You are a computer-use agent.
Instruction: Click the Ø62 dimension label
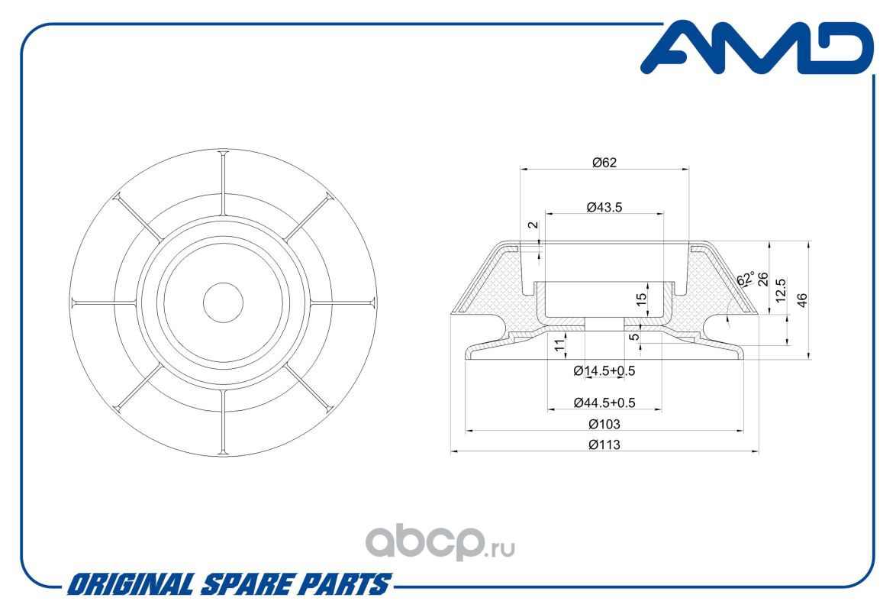[x=604, y=163]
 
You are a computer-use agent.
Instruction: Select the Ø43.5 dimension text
[x=604, y=207]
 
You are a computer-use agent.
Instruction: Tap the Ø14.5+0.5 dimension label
[x=604, y=370]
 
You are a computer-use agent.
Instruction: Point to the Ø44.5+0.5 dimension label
[x=604, y=402]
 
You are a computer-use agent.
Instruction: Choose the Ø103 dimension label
[x=604, y=424]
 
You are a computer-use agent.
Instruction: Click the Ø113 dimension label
[x=604, y=445]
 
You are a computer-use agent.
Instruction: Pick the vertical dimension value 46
[x=801, y=300]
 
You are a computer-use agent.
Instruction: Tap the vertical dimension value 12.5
[x=782, y=290]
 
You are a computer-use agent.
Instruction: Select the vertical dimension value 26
[x=763, y=280]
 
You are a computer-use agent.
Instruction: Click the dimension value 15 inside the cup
[x=641, y=298]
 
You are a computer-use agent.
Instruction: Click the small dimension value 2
[x=533, y=225]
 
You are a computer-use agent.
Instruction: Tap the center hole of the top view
[x=223, y=302]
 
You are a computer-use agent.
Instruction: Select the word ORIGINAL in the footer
[x=131, y=584]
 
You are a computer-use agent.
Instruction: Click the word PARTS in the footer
[x=346, y=584]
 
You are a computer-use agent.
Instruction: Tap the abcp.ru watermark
[x=440, y=543]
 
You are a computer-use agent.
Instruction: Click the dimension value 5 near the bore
[x=634, y=336]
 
